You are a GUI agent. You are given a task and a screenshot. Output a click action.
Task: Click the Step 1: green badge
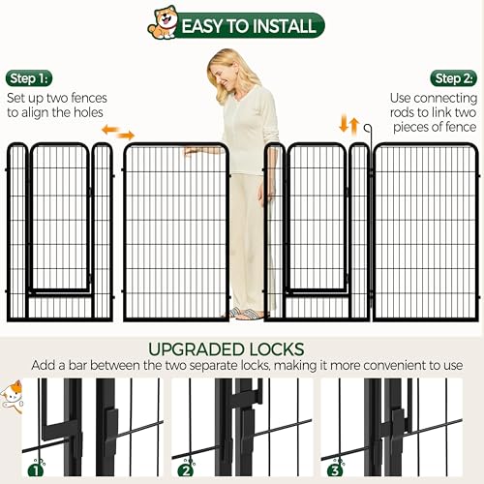(29, 78)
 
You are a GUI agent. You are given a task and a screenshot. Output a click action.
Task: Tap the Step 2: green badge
(454, 78)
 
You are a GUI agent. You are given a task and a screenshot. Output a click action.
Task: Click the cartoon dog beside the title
(163, 22)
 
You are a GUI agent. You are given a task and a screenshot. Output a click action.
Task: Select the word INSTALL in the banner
(281, 26)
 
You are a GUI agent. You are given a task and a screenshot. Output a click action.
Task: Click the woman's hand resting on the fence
(195, 151)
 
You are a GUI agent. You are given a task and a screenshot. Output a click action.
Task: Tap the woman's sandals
(245, 313)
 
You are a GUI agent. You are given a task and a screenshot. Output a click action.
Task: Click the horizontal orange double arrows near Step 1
(118, 133)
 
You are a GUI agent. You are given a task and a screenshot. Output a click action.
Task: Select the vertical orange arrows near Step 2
(349, 126)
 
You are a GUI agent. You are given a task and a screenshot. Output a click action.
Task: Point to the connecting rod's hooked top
(368, 128)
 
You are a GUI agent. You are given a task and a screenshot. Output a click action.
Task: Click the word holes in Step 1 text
(88, 112)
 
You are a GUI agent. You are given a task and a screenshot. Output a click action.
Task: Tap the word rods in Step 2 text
(402, 112)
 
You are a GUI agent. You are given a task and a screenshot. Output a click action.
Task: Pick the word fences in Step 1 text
(89, 98)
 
